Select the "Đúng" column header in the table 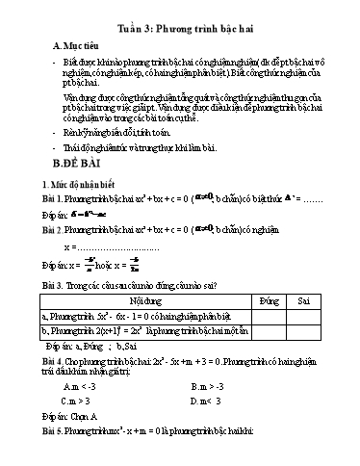tap(268, 328)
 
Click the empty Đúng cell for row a tap(268, 343)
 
